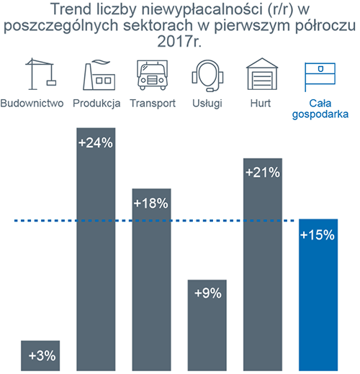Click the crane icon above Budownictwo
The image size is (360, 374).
click(41, 74)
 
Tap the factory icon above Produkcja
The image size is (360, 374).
click(99, 75)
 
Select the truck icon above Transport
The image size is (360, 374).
click(152, 75)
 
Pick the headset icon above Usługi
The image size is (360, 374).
click(207, 76)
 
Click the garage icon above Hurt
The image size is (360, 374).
click(262, 74)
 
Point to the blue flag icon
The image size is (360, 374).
click(320, 77)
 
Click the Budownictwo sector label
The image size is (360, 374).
click(32, 104)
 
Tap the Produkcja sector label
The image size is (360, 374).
click(96, 104)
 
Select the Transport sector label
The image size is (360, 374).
click(153, 104)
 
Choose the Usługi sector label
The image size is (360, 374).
click(207, 104)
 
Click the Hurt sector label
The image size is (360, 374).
click(261, 104)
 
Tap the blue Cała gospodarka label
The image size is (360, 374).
click(320, 109)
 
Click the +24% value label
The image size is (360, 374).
click(96, 142)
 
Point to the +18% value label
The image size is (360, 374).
click(151, 204)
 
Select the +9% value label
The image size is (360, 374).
click(208, 293)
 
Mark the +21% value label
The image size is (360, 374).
click(263, 173)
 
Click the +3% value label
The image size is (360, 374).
click(42, 355)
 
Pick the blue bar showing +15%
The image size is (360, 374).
click(318, 295)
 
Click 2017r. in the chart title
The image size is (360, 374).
click(179, 41)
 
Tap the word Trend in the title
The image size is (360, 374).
click(71, 9)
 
